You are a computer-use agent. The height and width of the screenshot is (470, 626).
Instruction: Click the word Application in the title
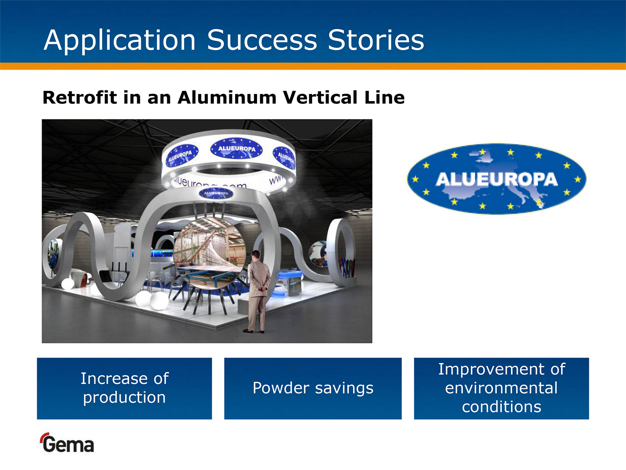pos(119,41)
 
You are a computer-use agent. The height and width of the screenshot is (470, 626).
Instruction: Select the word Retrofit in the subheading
pos(80,98)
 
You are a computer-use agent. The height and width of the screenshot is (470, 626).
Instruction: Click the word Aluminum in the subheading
pos(227,98)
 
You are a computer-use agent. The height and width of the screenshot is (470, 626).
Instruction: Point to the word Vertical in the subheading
pos(321,98)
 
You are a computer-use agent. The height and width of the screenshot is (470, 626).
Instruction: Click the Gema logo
pos(67,443)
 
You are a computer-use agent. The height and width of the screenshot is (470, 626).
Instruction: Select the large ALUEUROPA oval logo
pos(496,179)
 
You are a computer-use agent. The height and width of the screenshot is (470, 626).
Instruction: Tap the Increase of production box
pos(124,389)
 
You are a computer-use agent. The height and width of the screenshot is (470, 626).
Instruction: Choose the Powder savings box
pos(313,389)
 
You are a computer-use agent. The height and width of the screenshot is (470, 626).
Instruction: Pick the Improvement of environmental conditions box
pos(501,389)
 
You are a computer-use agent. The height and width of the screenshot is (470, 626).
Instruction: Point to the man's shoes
pos(254,331)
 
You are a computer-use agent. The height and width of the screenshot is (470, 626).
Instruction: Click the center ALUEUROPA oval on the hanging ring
pos(237,149)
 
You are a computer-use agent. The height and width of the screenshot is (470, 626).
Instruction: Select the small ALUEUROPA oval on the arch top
pos(216,193)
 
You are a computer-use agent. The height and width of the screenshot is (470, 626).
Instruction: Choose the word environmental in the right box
pos(501,388)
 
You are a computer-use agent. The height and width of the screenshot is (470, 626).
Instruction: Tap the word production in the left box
pos(124,398)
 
